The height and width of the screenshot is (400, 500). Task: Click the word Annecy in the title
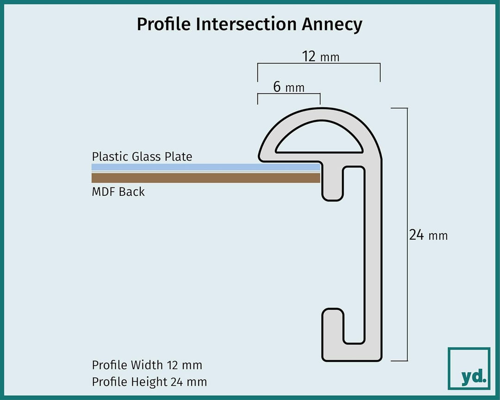click(332, 25)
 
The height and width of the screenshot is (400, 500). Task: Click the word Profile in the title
click(163, 24)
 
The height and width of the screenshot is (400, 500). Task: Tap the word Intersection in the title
click(246, 24)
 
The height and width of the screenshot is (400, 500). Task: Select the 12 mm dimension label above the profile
click(320, 56)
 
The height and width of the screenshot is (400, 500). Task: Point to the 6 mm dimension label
click(288, 87)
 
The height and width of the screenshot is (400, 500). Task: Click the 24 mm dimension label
click(428, 235)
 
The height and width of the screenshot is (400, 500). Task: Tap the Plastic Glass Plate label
click(142, 156)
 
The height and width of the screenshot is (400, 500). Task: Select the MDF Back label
click(118, 192)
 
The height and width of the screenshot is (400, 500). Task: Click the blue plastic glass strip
click(206, 167)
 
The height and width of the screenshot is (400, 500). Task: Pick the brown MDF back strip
click(206, 178)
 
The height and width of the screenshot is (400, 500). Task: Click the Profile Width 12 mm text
click(147, 365)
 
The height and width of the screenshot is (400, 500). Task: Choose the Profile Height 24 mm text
click(149, 381)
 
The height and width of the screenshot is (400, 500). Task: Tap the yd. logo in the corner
click(469, 369)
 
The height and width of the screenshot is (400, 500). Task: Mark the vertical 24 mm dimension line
click(407, 234)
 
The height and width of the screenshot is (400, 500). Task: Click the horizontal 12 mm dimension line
click(319, 63)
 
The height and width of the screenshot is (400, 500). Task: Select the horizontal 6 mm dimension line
click(289, 94)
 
